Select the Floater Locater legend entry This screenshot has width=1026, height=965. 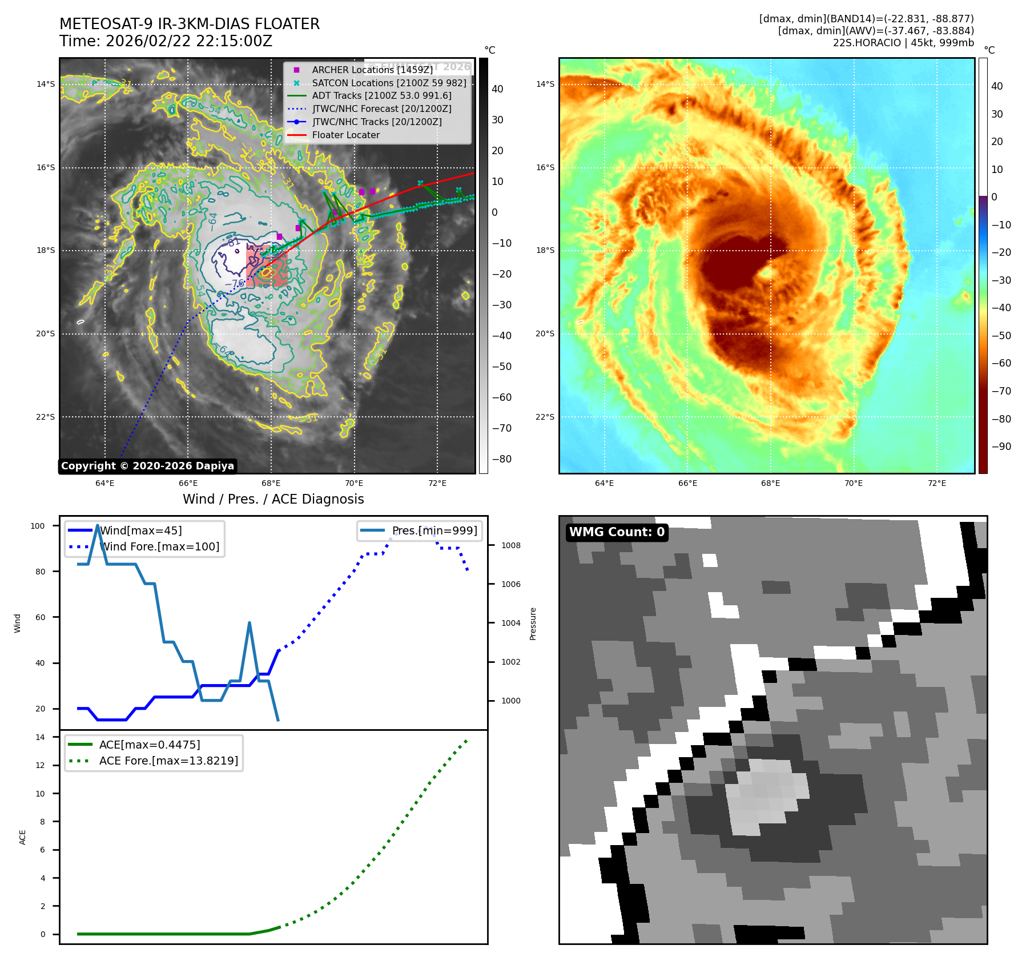tap(345, 135)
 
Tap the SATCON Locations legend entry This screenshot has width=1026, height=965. tap(389, 83)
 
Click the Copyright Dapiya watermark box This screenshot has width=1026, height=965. tap(147, 466)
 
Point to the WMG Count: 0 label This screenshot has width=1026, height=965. tap(617, 532)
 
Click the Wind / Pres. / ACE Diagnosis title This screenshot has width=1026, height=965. tap(273, 499)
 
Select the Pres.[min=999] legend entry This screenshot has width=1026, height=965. tap(434, 530)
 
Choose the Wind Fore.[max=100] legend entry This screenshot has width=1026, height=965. tap(159, 546)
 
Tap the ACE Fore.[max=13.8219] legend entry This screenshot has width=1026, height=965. tap(168, 761)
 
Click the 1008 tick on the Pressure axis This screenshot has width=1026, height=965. tap(510, 545)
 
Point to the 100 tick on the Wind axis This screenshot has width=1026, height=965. tap(38, 526)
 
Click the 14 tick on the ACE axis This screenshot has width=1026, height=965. tap(40, 737)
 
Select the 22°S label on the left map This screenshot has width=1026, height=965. tap(46, 417)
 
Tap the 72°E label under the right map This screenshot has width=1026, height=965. tap(936, 483)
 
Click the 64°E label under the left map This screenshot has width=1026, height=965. tap(105, 483)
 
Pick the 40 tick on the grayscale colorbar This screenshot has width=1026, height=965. tap(497, 89)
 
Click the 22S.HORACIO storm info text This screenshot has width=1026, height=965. tap(903, 43)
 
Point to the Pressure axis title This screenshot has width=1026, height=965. tap(533, 624)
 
